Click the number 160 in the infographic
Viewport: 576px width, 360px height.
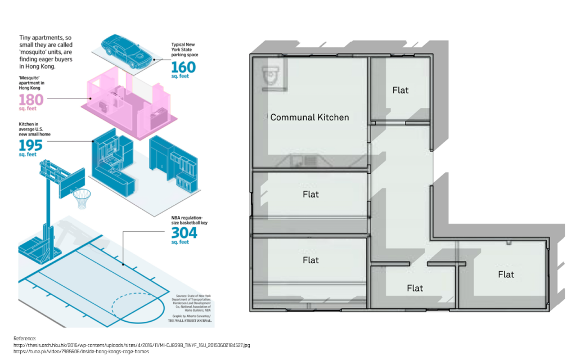click(183, 67)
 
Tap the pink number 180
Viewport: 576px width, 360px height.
click(31, 100)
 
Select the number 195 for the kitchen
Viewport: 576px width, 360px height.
click(31, 146)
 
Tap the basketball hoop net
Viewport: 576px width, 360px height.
click(82, 198)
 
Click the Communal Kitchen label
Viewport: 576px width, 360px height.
click(309, 118)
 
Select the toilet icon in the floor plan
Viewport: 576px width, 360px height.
click(271, 75)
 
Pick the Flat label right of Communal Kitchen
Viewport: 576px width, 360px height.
click(400, 90)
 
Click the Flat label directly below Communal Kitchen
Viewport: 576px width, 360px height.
click(310, 194)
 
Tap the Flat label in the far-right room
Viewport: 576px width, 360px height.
click(506, 274)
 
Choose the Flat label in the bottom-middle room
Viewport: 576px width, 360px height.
click(415, 288)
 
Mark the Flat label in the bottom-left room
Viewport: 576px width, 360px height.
click(310, 260)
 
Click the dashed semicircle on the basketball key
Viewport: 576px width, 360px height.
click(127, 309)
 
